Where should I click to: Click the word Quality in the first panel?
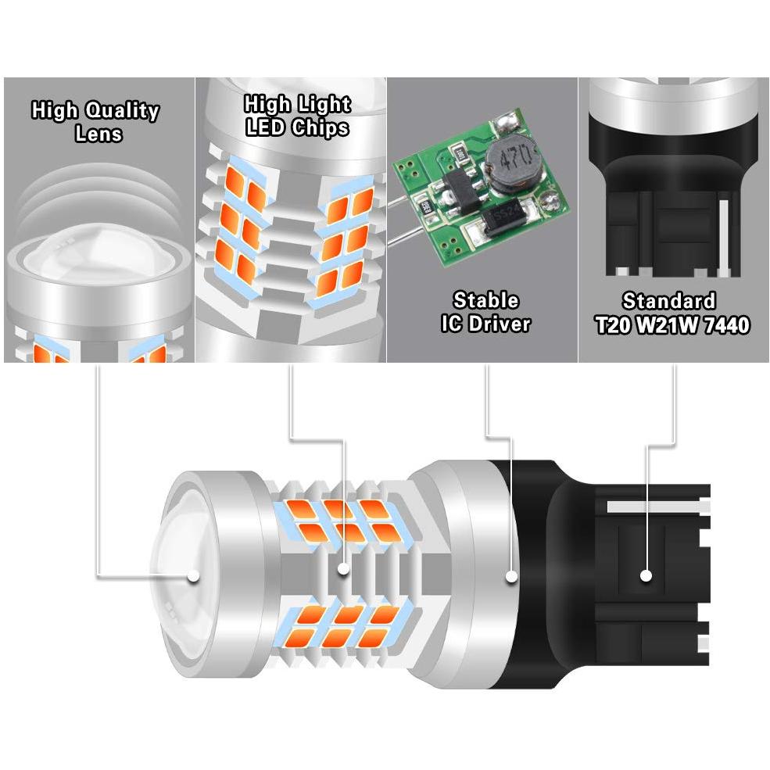pyautogui.click(x=122, y=111)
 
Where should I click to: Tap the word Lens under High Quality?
pyautogui.click(x=98, y=134)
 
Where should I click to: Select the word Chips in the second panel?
pyautogui.click(x=321, y=127)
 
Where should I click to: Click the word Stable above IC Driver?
pyautogui.click(x=485, y=300)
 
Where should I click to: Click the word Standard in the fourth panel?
pyautogui.click(x=669, y=301)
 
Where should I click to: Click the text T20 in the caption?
pyautogui.click(x=613, y=324)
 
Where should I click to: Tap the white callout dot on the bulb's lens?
pyautogui.click(x=194, y=575)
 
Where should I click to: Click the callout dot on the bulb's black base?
pyautogui.click(x=646, y=575)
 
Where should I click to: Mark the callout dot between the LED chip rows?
pyautogui.click(x=344, y=568)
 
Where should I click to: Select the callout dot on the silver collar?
pyautogui.click(x=512, y=575)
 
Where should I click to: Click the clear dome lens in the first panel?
pyautogui.click(x=98, y=250)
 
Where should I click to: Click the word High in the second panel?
pyautogui.click(x=267, y=105)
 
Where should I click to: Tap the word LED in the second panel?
pyautogui.click(x=265, y=127)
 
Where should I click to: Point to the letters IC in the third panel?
pyautogui.click(x=452, y=324)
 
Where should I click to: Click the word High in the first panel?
pyautogui.click(x=55, y=111)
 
